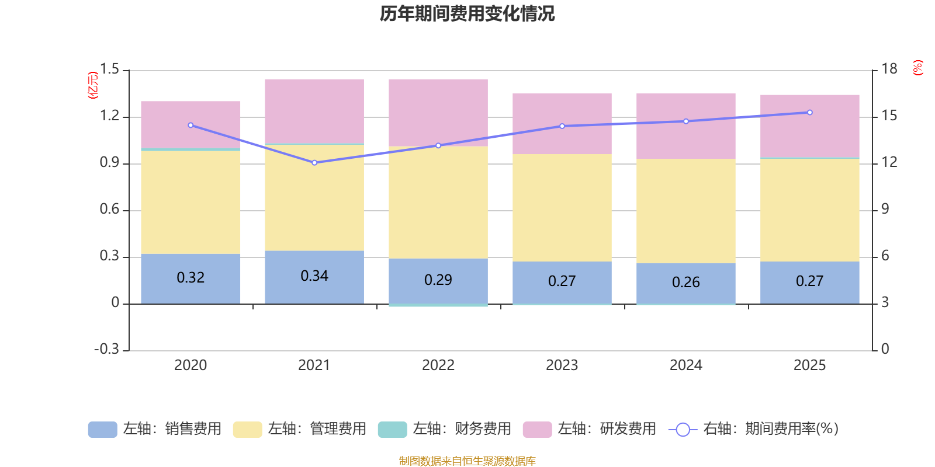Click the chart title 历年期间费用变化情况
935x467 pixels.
tap(467, 13)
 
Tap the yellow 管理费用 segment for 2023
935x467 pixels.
tap(562, 207)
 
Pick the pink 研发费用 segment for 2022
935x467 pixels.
tap(438, 112)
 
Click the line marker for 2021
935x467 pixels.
tap(314, 163)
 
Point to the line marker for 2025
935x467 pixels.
tap(809, 113)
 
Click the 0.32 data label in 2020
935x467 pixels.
tap(191, 278)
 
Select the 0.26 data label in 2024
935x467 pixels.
tap(685, 283)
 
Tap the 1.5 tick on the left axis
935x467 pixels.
tap(109, 69)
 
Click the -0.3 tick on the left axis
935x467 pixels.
tap(106, 349)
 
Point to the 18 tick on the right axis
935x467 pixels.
tap(889, 69)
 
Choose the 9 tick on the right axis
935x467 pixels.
tap(885, 209)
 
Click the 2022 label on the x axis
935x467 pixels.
tap(438, 365)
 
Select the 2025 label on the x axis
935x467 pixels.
tap(809, 365)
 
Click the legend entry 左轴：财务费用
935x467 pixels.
tap(445, 429)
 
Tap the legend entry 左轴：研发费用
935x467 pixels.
tap(590, 429)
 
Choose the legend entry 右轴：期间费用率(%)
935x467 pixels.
tap(754, 429)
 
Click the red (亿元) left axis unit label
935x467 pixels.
tap(92, 85)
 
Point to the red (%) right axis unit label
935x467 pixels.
tap(917, 68)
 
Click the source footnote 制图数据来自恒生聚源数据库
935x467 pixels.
tap(467, 461)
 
